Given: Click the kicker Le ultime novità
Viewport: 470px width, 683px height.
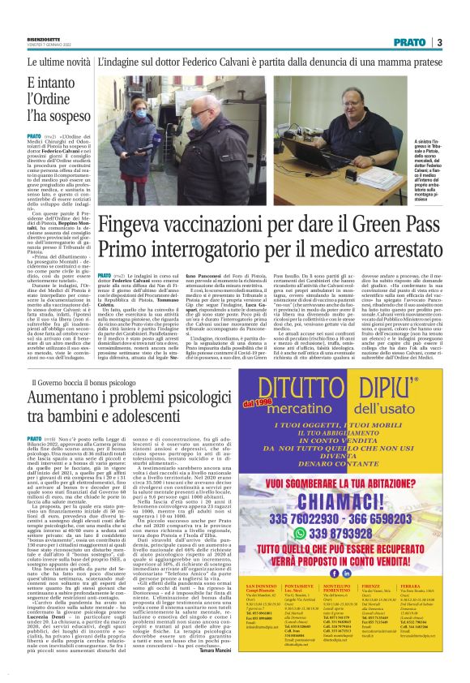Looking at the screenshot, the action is pyautogui.click(x=58, y=61).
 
